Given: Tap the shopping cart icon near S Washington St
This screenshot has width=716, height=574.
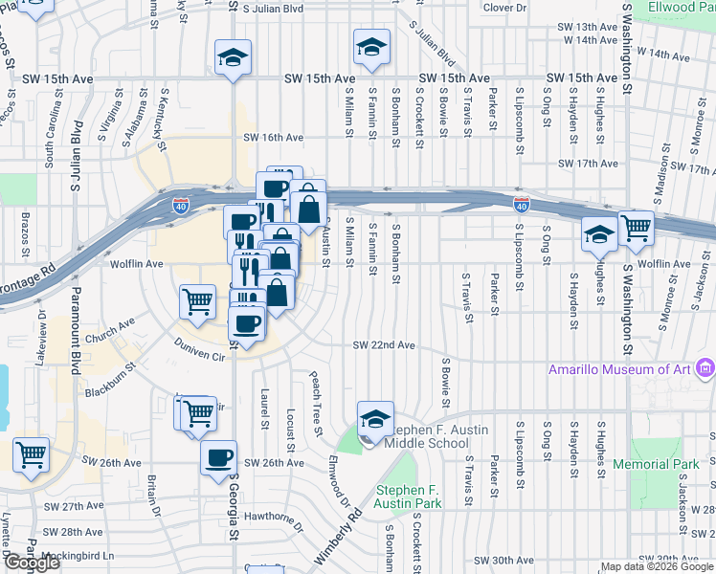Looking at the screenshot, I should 636,228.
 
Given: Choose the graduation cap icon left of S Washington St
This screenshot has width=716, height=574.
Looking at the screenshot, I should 599,232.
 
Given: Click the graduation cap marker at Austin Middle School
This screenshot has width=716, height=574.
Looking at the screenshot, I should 375,418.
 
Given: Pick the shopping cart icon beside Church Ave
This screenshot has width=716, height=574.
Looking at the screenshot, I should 197,301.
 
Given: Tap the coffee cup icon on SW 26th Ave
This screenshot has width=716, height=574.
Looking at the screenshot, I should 219,456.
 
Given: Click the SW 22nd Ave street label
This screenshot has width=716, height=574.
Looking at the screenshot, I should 383,345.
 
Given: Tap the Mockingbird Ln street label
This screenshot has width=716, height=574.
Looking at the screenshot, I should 83,555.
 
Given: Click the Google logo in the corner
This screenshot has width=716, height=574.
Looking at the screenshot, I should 32,563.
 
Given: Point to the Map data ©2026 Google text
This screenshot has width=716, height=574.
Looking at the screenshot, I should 656,566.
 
